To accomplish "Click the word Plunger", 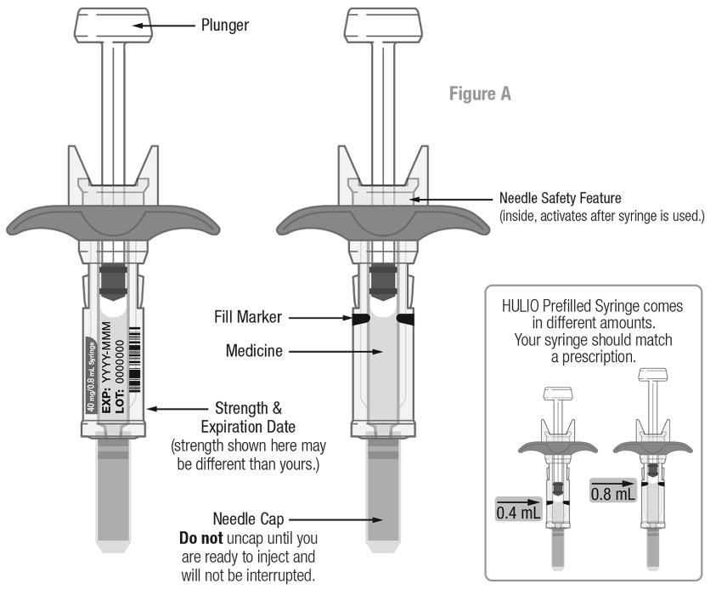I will pos(224,25).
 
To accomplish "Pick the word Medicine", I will pos(255,349).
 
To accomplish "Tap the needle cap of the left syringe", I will pos(114,493).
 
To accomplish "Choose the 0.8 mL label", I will pos(612,492).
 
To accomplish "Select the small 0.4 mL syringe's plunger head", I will pos(556,394).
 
